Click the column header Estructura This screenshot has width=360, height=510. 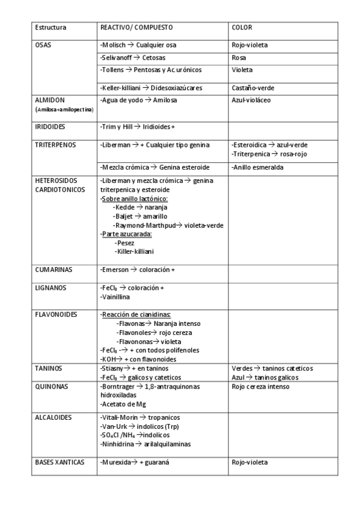coord(50,28)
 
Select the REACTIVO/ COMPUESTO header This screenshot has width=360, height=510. coord(136,28)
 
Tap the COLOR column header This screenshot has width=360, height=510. coord(242,28)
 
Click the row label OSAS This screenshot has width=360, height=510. coord(43,45)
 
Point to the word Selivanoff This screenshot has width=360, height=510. coord(117,58)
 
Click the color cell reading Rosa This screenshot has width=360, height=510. coord(239,58)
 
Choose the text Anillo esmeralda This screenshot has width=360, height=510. coord(258,167)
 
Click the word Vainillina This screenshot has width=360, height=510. coord(115,296)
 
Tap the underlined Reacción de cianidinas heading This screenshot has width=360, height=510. coord(136,315)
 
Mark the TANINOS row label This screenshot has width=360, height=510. coord(48,368)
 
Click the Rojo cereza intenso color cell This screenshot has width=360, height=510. coord(260,386)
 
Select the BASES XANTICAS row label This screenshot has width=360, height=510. coord(59,462)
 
